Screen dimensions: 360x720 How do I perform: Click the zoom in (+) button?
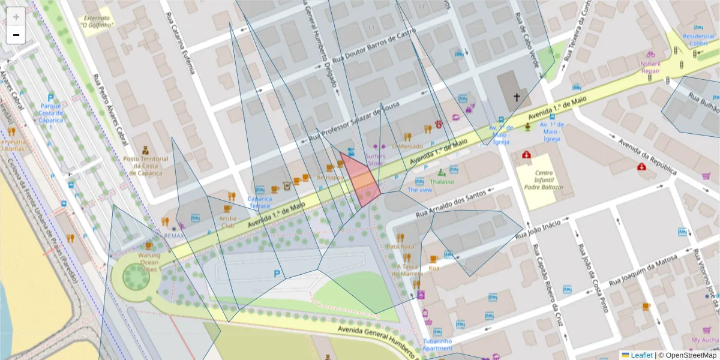tap(16, 17)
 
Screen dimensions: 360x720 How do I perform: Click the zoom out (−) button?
tap(16, 35)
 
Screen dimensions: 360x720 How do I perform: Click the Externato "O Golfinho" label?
tap(99, 22)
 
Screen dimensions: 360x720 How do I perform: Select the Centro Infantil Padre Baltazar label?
tap(543, 179)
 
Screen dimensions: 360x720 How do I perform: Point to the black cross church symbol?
tap(515, 97)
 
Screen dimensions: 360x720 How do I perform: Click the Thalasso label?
tap(442, 181)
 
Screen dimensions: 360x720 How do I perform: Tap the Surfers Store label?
tap(375, 159)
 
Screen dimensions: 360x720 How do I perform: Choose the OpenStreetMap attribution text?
tap(687, 355)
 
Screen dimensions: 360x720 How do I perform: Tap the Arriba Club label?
tap(227, 222)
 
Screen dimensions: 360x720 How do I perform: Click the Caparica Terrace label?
tap(259, 202)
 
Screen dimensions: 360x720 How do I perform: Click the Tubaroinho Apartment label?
tap(437, 344)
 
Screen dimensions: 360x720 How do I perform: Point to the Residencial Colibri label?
tap(694, 39)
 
